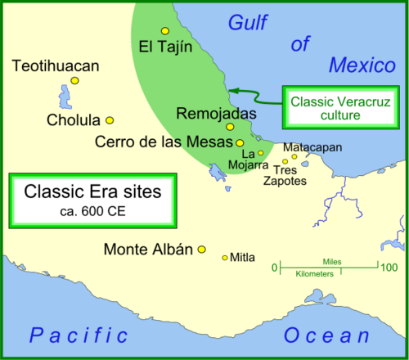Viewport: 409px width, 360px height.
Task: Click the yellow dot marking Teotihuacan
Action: pyautogui.click(x=74, y=80)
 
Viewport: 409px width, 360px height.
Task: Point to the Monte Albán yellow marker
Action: pyautogui.click(x=201, y=250)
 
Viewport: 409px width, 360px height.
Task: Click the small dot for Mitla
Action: pyautogui.click(x=225, y=258)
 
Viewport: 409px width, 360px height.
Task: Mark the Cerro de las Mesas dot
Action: pyautogui.click(x=240, y=142)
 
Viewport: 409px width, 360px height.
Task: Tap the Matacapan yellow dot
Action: pyautogui.click(x=294, y=157)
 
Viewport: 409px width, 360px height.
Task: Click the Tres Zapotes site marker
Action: pyautogui.click(x=285, y=162)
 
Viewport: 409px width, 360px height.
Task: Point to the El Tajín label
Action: pyautogui.click(x=165, y=46)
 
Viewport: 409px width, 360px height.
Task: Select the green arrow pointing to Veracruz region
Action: pyautogui.click(x=253, y=90)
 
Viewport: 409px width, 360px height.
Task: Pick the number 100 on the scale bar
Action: pyautogui.click(x=389, y=267)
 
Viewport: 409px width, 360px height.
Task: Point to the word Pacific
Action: pyautogui.click(x=78, y=335)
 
